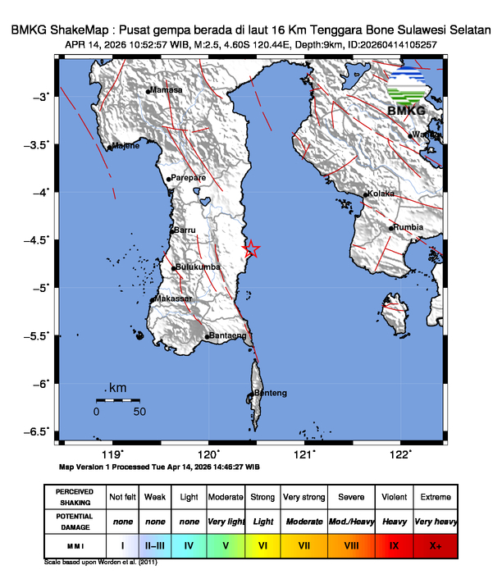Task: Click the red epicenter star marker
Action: [253, 250]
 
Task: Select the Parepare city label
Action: [187, 177]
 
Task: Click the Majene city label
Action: [125, 146]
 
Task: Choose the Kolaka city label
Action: [381, 194]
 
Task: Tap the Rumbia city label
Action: [408, 227]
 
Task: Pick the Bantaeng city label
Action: [228, 335]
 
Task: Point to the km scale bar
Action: [117, 400]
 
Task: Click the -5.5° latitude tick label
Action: [37, 335]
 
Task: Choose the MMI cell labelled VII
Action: [303, 544]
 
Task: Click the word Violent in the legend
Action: [393, 497]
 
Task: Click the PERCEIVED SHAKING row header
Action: [74, 497]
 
